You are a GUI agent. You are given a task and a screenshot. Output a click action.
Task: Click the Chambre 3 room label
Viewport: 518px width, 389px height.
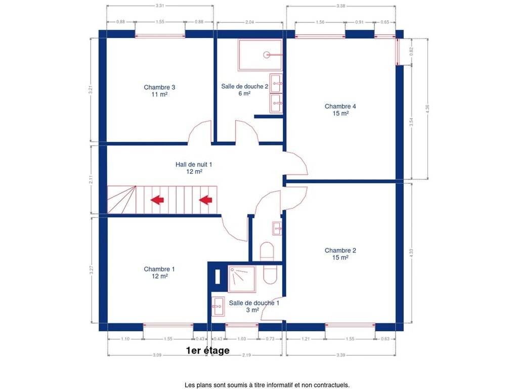tap(159, 91)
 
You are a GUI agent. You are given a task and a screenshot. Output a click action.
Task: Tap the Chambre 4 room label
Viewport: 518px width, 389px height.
tap(340, 109)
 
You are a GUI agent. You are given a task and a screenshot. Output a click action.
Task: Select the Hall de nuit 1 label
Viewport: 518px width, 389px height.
tap(194, 168)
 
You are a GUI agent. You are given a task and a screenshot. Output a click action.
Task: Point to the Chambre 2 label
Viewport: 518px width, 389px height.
tap(340, 254)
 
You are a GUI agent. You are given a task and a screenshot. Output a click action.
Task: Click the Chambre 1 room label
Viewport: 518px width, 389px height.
tap(159, 273)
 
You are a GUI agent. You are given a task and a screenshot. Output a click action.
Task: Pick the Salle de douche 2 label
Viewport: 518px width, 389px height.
tap(244, 90)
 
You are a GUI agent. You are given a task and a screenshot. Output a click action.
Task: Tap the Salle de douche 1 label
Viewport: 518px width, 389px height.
tap(254, 306)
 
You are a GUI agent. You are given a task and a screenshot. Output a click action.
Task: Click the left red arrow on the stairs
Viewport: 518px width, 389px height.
tap(157, 200)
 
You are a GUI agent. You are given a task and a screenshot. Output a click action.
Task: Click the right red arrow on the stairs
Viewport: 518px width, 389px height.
tap(205, 200)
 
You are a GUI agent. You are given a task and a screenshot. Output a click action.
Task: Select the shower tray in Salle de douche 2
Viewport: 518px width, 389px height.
tap(261, 55)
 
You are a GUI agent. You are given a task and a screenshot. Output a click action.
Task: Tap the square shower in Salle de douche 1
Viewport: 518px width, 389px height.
tap(242, 279)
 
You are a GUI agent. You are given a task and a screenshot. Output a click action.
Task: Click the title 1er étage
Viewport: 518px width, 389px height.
tap(208, 351)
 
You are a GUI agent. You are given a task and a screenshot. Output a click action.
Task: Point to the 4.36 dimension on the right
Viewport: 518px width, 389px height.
tap(427, 109)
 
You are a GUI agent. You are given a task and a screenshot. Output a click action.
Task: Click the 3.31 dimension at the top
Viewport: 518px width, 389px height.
tap(160, 6)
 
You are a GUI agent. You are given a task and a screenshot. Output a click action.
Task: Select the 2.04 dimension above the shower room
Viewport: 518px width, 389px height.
tap(250, 22)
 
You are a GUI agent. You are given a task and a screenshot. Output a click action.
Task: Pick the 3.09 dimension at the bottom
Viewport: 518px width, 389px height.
tap(157, 355)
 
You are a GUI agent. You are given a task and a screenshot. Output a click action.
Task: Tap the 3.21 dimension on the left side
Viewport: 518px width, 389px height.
tap(91, 90)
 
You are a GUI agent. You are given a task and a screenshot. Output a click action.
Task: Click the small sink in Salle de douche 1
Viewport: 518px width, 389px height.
tap(218, 306)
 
